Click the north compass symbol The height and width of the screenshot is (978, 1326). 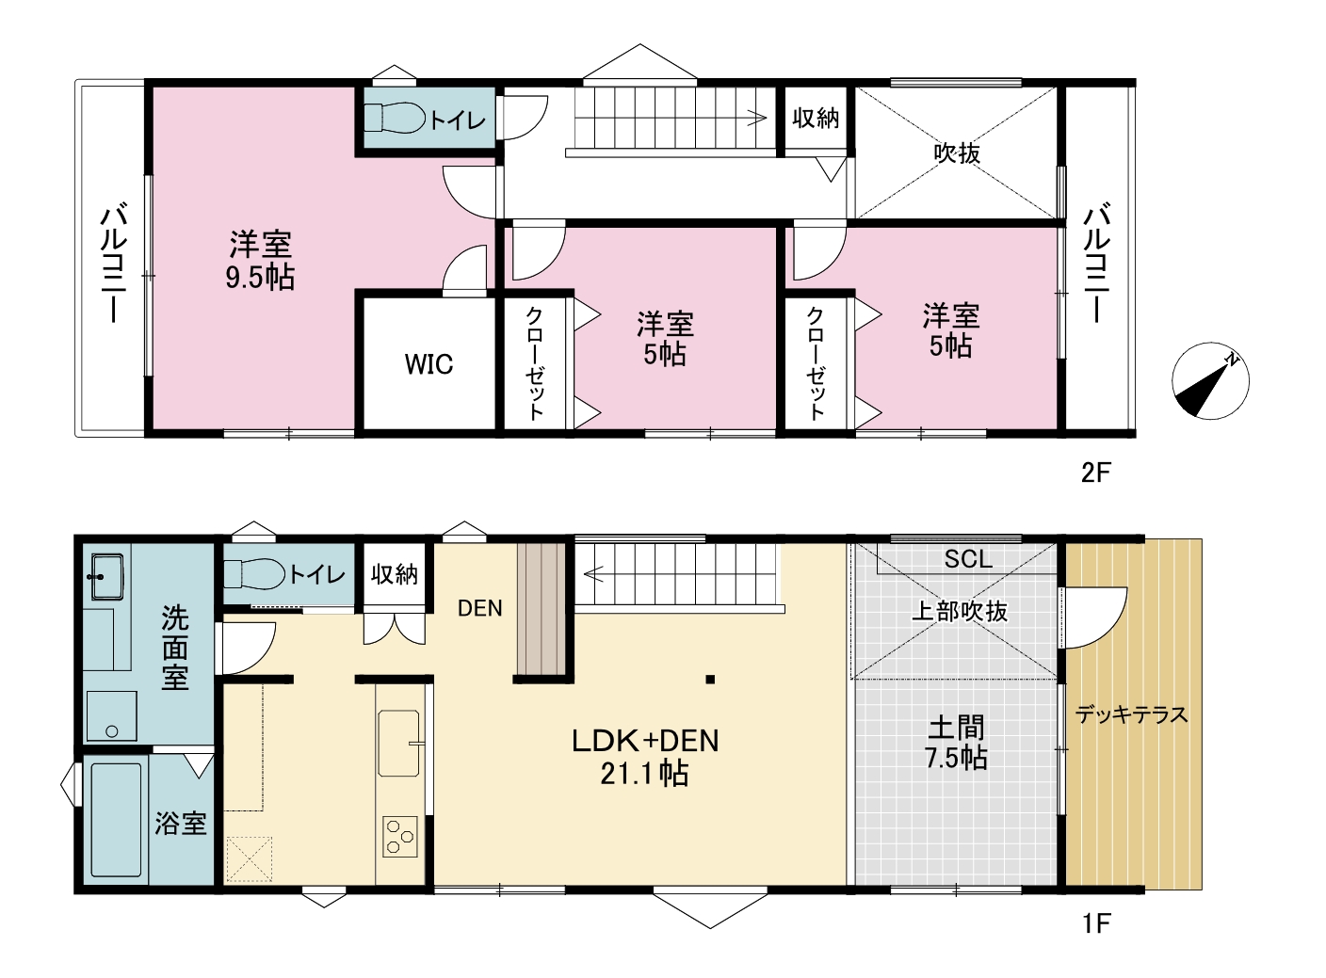1210,381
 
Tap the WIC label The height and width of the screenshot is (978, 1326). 429,364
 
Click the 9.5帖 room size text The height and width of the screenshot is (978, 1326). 260,277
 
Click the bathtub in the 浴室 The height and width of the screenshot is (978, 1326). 116,819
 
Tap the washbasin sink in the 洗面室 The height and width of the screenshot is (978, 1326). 107,576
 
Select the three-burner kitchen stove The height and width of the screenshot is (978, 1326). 400,836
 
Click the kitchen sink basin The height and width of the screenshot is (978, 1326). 398,743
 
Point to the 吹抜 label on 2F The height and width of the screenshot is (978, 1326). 957,153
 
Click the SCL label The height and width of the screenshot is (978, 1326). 968,559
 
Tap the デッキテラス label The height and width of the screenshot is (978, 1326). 1132,714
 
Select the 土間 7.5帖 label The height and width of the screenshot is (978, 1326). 956,743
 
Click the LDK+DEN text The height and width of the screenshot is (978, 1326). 645,741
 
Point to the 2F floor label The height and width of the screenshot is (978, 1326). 1096,473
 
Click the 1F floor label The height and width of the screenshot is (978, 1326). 1096,924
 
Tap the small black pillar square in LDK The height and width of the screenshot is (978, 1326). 710,679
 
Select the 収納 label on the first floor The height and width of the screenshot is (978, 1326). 394,574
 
